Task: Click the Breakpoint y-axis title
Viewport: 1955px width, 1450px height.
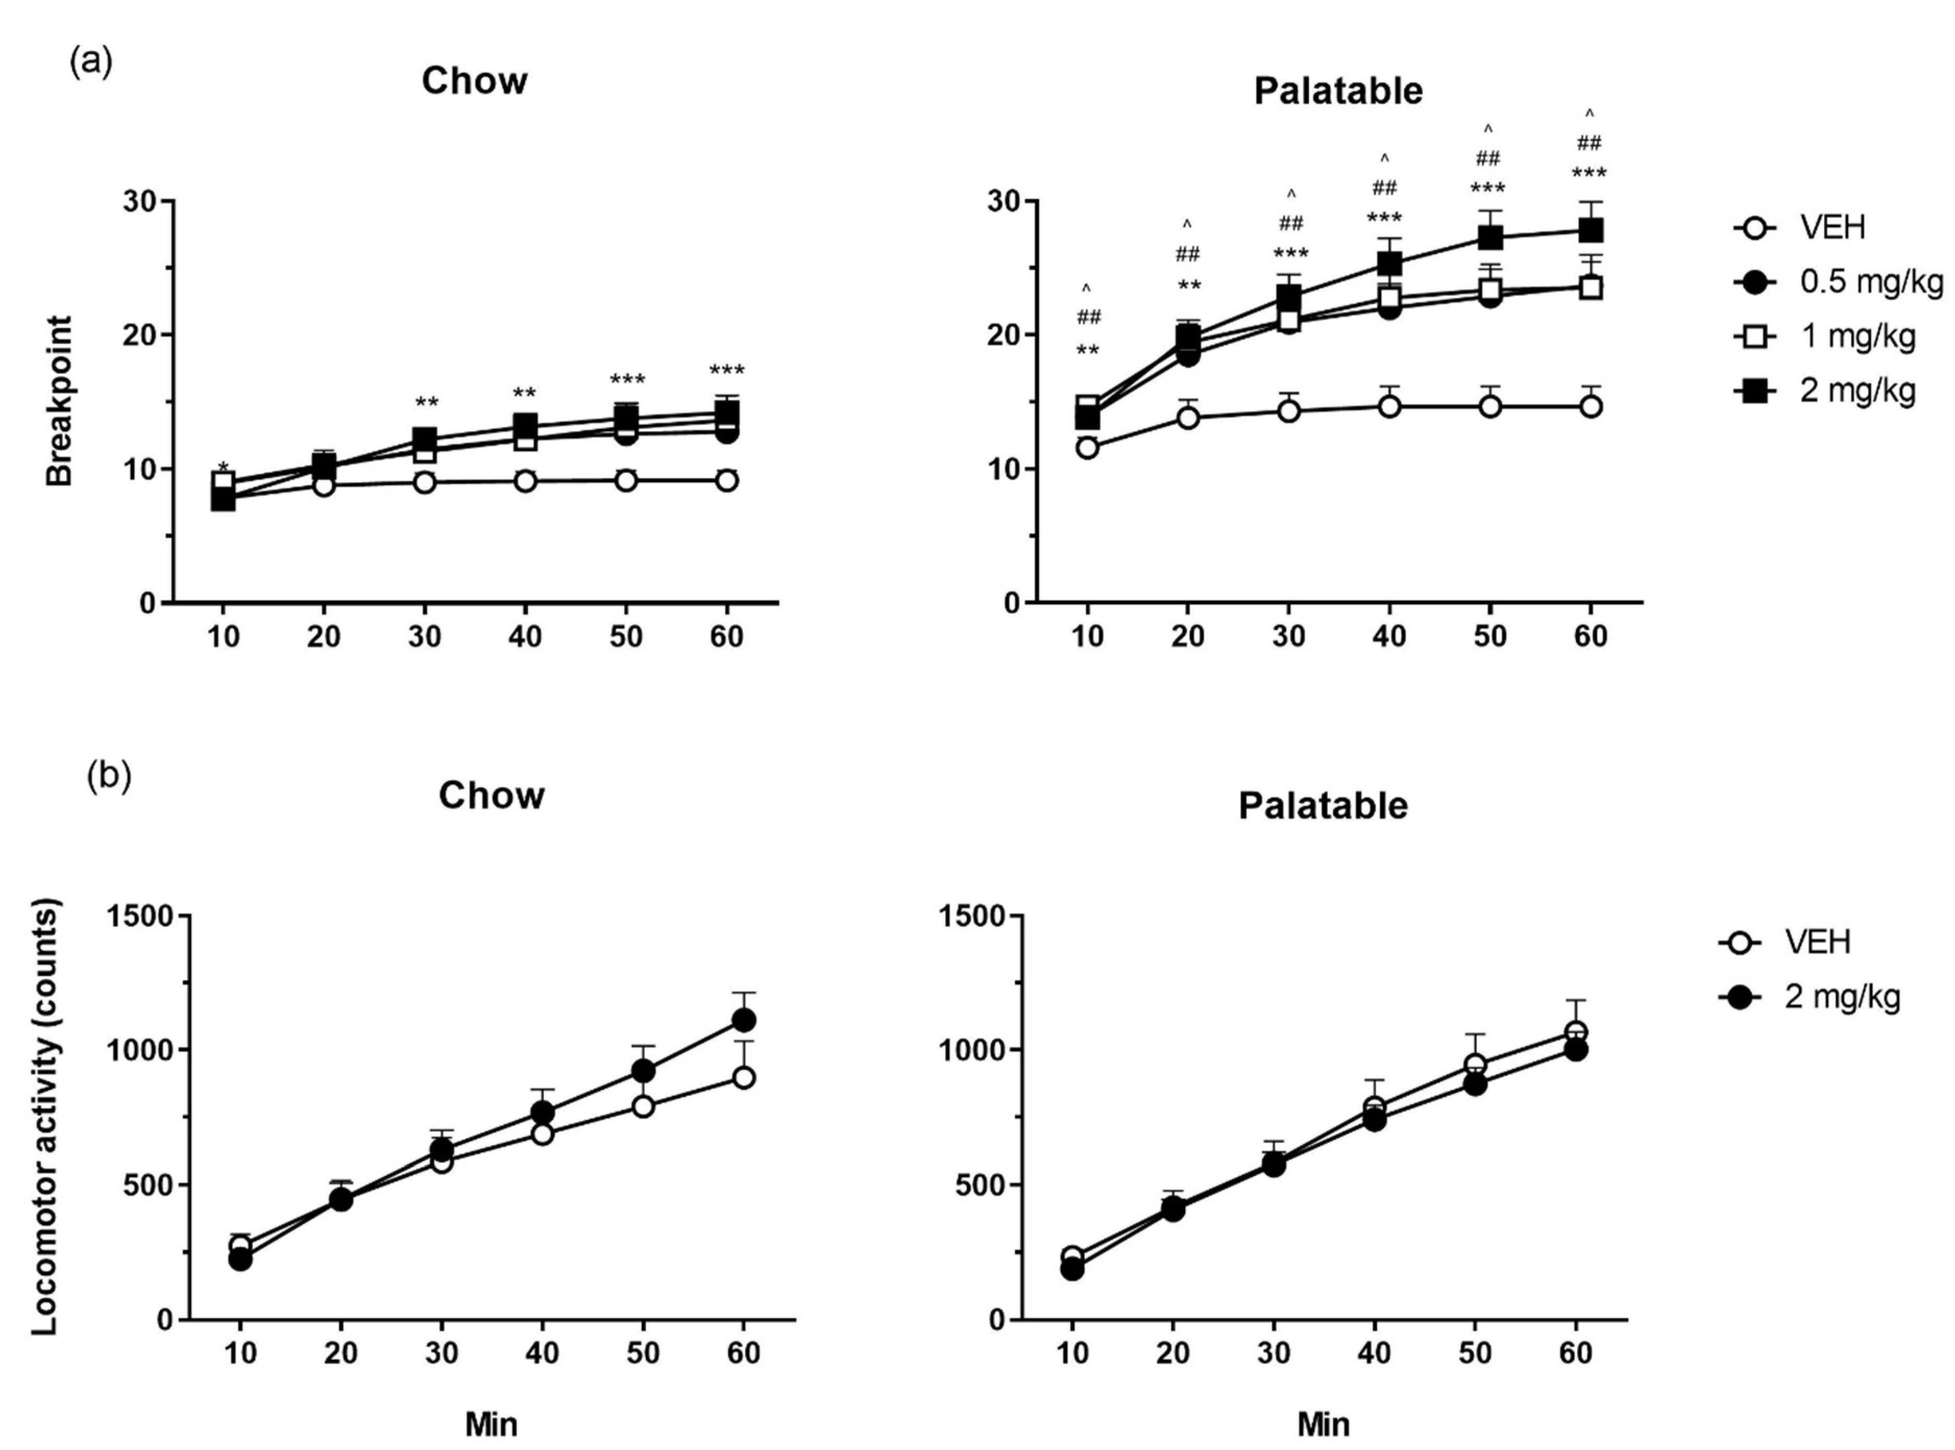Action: [x=60, y=401]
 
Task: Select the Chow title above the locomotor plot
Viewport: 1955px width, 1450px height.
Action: [x=492, y=795]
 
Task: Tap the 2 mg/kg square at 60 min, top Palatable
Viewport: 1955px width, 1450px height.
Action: [x=1590, y=231]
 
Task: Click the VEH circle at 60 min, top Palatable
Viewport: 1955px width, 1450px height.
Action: [x=1590, y=407]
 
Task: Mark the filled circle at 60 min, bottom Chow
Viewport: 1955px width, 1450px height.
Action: [x=743, y=1020]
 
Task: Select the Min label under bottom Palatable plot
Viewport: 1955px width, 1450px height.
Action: [x=1323, y=1423]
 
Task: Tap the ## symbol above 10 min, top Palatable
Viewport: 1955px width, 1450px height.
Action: [x=1088, y=317]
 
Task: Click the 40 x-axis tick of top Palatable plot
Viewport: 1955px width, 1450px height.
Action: [x=1389, y=635]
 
